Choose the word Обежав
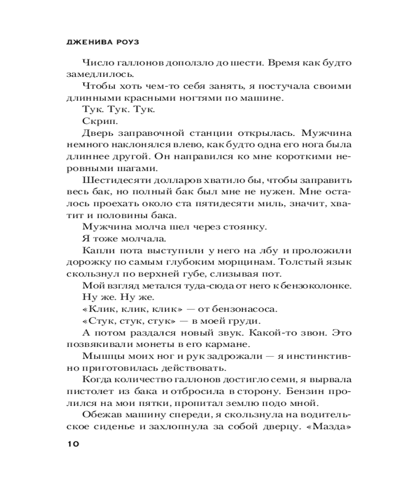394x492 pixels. point(101,415)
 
